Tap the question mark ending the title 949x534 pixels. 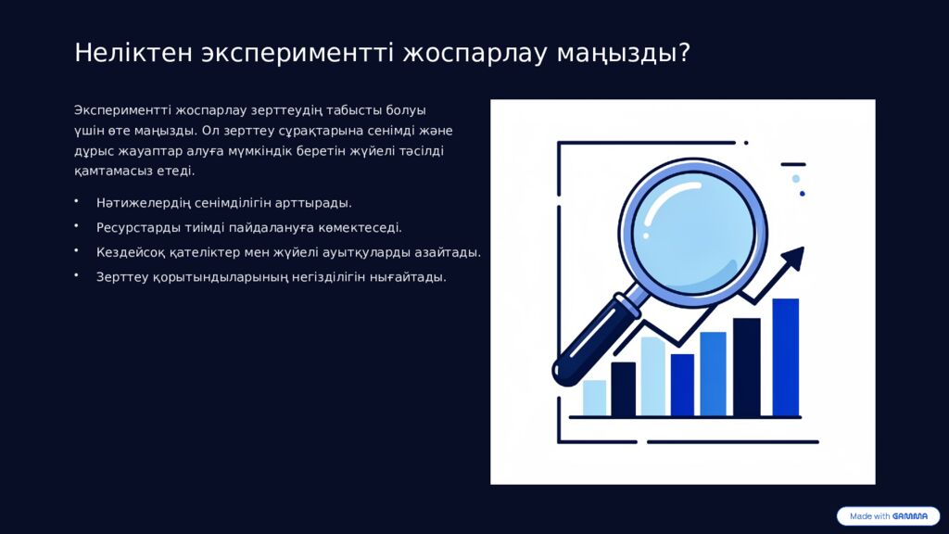684,53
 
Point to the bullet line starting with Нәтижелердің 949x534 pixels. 223,202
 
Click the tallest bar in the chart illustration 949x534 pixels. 785,357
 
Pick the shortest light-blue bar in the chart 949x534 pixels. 594,398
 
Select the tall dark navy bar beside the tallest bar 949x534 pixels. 746,367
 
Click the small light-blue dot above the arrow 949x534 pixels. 795,178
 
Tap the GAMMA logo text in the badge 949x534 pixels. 910,516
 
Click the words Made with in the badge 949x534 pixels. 869,516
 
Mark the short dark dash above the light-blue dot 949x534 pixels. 792,164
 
